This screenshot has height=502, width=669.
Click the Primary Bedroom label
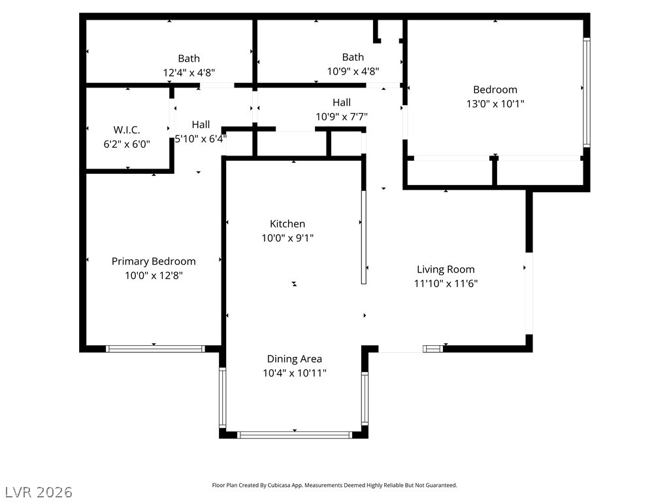click(154, 261)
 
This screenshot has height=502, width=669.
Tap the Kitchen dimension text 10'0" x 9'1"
click(287, 239)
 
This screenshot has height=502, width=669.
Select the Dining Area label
click(294, 359)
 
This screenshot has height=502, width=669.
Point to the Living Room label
click(446, 269)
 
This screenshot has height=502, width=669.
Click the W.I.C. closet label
click(127, 130)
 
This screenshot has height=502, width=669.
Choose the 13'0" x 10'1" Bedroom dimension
click(495, 104)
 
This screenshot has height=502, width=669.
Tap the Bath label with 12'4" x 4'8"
click(189, 59)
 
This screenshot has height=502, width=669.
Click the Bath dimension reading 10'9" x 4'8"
click(353, 72)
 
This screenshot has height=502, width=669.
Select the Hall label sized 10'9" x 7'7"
click(341, 103)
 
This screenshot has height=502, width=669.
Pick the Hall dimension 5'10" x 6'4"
click(201, 139)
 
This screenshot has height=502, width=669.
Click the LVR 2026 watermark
click(39, 492)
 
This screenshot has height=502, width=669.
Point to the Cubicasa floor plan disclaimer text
click(334, 486)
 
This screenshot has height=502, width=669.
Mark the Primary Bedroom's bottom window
click(155, 349)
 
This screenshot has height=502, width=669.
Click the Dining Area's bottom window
click(295, 434)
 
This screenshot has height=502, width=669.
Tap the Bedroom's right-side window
click(586, 92)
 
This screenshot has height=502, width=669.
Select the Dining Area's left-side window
click(223, 398)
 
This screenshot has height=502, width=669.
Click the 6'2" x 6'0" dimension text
click(127, 144)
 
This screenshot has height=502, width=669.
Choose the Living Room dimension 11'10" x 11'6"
click(446, 284)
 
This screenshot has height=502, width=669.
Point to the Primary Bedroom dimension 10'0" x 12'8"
click(154, 276)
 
